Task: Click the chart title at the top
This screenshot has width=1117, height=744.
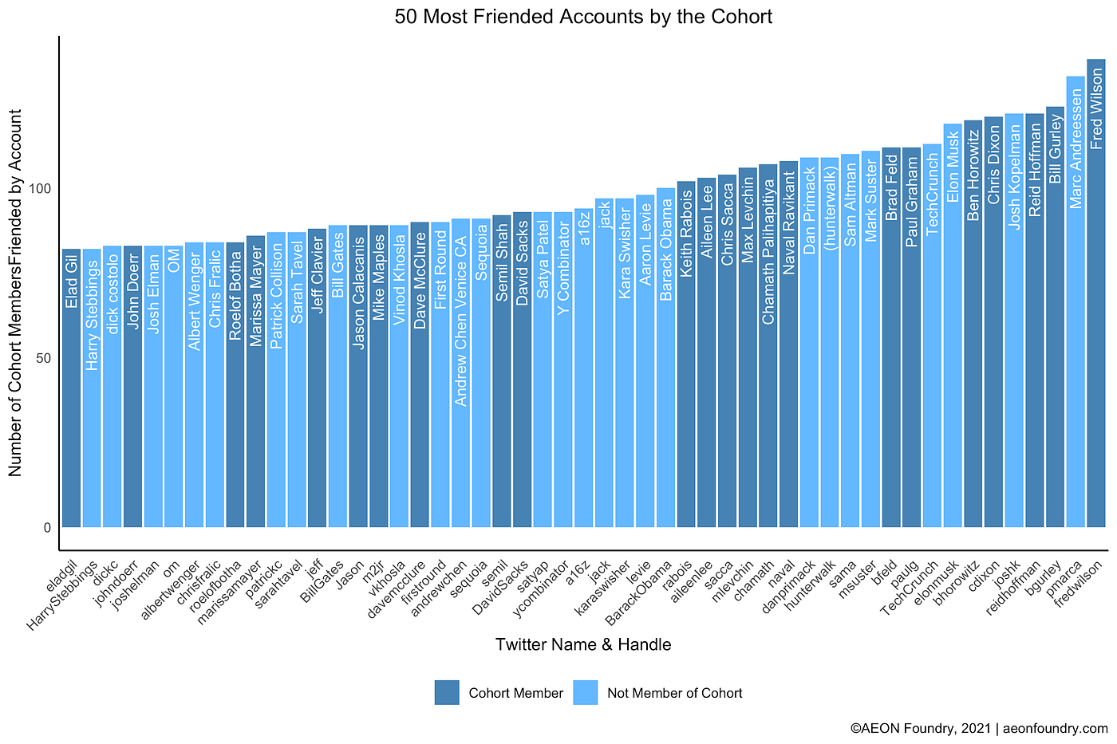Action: coord(582,17)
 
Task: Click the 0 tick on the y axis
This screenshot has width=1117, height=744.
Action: coord(48,528)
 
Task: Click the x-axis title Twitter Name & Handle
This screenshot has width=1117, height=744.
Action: coord(582,645)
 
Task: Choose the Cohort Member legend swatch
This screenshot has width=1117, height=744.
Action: coord(447,693)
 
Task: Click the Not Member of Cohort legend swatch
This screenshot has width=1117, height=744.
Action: coord(586,693)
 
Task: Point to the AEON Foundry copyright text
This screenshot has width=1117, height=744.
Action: coord(979,729)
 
